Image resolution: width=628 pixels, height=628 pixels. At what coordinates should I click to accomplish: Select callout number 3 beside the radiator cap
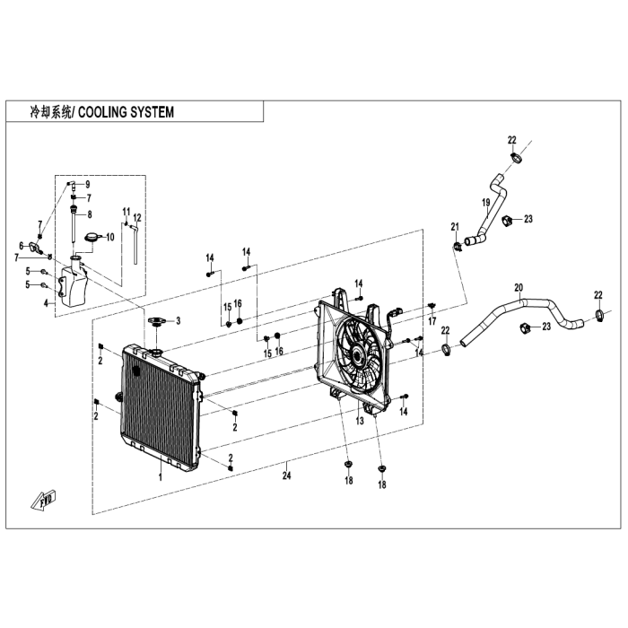(178, 320)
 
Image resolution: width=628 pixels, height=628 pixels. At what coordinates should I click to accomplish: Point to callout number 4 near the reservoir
(47, 303)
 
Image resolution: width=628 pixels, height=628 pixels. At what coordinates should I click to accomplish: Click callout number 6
(22, 245)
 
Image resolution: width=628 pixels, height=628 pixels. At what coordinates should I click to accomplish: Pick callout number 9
(88, 184)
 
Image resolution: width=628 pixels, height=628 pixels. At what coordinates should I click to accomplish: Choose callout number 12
(137, 218)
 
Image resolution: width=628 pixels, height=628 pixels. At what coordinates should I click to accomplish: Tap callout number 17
(432, 320)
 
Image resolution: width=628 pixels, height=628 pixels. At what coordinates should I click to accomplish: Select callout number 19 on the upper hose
(486, 203)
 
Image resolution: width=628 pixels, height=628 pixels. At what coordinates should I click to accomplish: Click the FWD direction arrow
(45, 500)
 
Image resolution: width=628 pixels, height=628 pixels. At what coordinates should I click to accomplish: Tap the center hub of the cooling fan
(358, 355)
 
